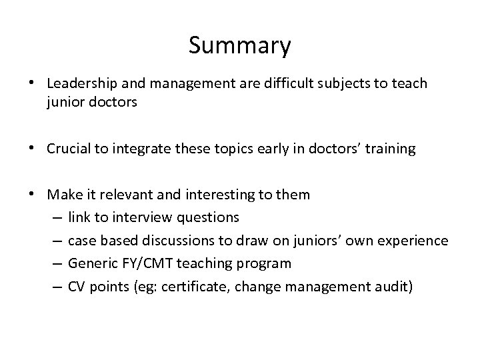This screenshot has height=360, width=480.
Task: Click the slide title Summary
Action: pos(240,46)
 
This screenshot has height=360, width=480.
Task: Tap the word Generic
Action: pos(91,263)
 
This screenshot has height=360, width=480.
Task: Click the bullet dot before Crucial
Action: pos(38,149)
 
